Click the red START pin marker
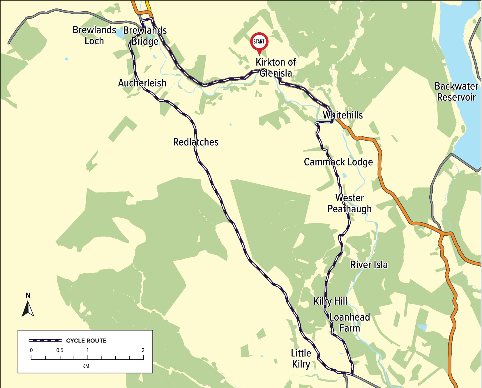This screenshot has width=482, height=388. point(259,43)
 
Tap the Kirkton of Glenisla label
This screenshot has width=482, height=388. point(276,68)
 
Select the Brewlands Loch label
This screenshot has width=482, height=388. point(94,35)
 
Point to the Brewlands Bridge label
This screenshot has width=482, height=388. point(145,36)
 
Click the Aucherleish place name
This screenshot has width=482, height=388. point(142,83)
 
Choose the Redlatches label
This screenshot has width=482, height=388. point(196,142)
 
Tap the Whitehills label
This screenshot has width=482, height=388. point(343,115)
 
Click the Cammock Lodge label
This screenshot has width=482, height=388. point(338,162)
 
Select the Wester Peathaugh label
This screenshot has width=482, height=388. point(349,203)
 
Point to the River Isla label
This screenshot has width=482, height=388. point(369,265)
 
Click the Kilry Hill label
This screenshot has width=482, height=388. point(330,301)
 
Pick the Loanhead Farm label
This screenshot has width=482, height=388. point(349,323)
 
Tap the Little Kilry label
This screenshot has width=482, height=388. point(301,359)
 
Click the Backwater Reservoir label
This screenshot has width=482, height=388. point(456,92)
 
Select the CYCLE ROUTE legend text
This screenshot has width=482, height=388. point(86,340)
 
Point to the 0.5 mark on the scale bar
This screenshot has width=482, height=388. point(60,350)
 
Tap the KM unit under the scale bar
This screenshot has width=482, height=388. point(86,366)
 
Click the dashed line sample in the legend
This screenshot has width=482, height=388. point(45,340)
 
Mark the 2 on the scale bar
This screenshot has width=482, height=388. point(143,350)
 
